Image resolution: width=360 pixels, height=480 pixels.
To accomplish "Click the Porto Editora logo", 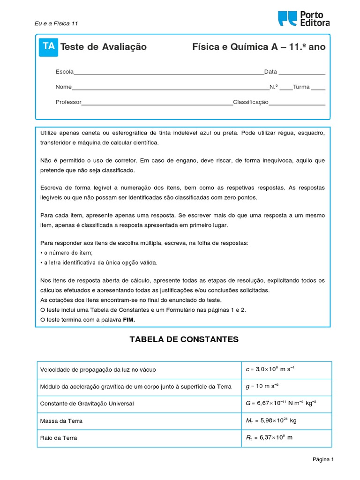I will pos(304,19).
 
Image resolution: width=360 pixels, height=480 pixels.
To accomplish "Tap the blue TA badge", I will pos(48,46).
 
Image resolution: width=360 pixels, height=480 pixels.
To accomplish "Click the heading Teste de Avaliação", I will pos(104,47).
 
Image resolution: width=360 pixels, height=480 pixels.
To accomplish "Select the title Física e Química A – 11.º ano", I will pos(259,47).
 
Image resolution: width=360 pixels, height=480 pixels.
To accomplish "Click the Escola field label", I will pos(64,72).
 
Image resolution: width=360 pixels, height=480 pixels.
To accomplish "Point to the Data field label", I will pos(270,72).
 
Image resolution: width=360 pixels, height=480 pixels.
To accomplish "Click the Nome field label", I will pos(63,87).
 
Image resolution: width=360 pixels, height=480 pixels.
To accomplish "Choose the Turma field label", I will pos(301,87).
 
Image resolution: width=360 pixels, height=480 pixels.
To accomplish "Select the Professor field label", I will pos(68,102).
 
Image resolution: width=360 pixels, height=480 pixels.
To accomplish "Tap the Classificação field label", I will pos(250,102).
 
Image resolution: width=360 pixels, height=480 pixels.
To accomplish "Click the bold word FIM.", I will pos(128,320).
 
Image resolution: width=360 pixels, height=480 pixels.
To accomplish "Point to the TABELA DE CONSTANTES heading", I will pos(184,339).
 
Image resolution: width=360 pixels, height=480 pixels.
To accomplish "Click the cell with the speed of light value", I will pos(270,369).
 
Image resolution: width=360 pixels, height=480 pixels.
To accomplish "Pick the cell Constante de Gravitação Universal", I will pos(87,404).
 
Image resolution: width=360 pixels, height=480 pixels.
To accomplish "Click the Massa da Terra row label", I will pos(61,421).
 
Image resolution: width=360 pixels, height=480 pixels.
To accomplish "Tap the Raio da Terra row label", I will pos(59,438).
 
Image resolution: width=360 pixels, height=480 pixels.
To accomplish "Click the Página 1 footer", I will pos(323,460).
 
